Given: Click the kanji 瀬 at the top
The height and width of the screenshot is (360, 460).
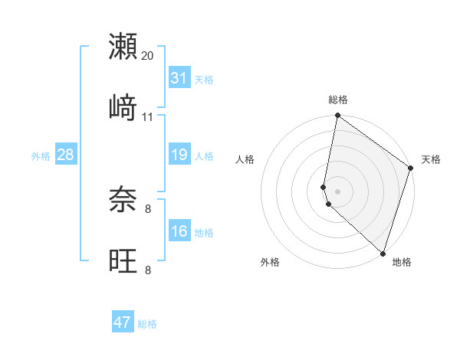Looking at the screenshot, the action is pyautogui.click(x=123, y=46).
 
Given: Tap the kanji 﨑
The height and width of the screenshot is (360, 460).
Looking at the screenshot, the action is pyautogui.click(x=123, y=107).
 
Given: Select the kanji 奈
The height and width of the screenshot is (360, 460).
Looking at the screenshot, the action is pyautogui.click(x=123, y=200).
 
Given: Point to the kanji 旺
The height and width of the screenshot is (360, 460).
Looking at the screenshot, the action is pyautogui.click(x=123, y=260).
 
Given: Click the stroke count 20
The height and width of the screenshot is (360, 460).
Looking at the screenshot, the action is pyautogui.click(x=148, y=56).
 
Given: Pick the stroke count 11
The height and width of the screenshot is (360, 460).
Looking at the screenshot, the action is pyautogui.click(x=148, y=117).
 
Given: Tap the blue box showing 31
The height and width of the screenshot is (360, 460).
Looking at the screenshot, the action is pyautogui.click(x=179, y=78).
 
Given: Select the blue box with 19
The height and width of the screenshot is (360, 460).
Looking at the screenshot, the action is pyautogui.click(x=179, y=155).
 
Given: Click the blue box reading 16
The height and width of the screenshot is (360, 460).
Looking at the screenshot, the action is pyautogui.click(x=179, y=231).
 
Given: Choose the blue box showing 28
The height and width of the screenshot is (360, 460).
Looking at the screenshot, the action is pyautogui.click(x=65, y=155).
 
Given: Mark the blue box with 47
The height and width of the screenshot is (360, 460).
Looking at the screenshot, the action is pyautogui.click(x=122, y=322).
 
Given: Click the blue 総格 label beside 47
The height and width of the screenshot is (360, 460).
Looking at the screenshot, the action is pyautogui.click(x=147, y=324).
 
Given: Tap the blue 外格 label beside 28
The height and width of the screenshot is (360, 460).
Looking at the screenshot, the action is pyautogui.click(x=41, y=155).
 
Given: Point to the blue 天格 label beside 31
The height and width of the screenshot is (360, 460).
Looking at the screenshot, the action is pyautogui.click(x=204, y=79).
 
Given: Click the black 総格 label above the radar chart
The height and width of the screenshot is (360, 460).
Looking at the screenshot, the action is pyautogui.click(x=338, y=100).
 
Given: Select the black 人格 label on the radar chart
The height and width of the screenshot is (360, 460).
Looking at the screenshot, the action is pyautogui.click(x=245, y=159).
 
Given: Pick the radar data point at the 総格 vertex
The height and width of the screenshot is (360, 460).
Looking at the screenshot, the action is pyautogui.click(x=337, y=116).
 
